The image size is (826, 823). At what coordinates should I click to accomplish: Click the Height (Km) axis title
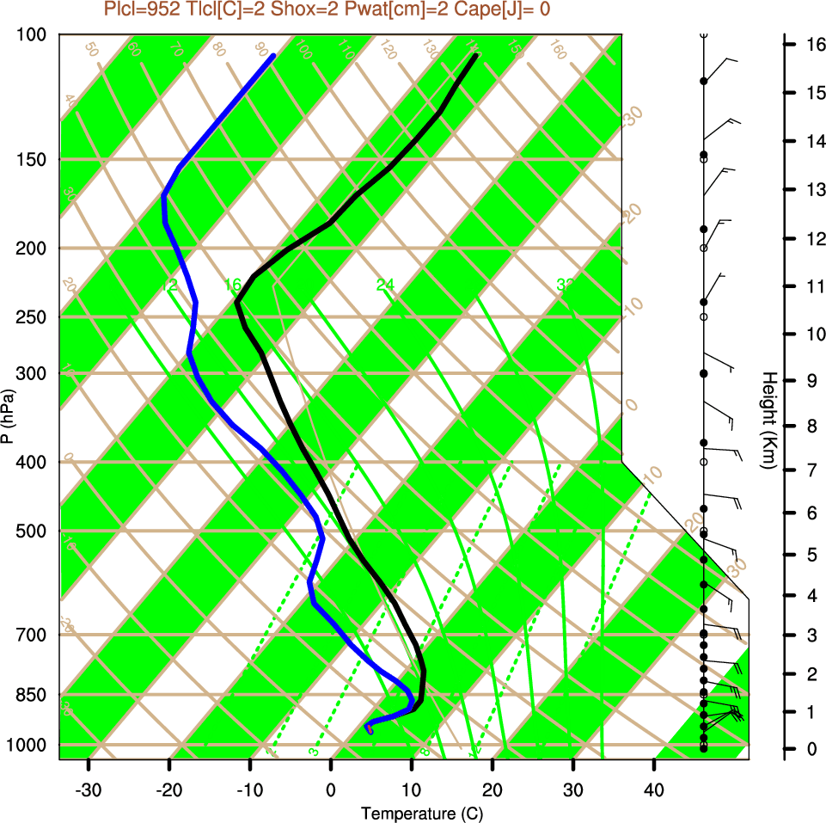(769, 421)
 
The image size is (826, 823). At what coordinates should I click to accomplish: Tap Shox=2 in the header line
(290, 10)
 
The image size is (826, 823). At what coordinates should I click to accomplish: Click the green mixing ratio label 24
(385, 285)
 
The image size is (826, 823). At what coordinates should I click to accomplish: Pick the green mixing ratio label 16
(232, 285)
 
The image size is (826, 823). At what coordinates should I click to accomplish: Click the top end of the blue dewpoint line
(273, 56)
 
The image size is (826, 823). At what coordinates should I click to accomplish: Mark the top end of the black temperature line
(475, 56)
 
